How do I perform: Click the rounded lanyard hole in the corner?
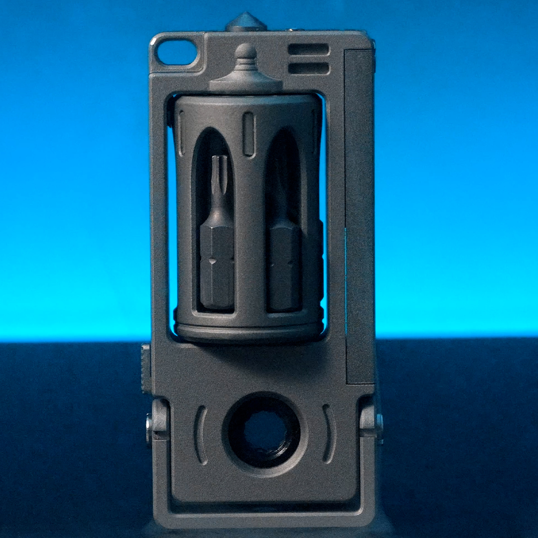(176, 52)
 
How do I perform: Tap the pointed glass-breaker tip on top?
(246, 21)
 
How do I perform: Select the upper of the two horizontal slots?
(309, 49)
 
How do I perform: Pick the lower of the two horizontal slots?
(309, 68)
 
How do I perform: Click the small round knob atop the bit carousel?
(246, 52)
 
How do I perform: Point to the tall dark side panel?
(359, 214)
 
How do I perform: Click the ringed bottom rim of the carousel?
(248, 329)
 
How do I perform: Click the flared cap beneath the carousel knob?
(246, 80)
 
